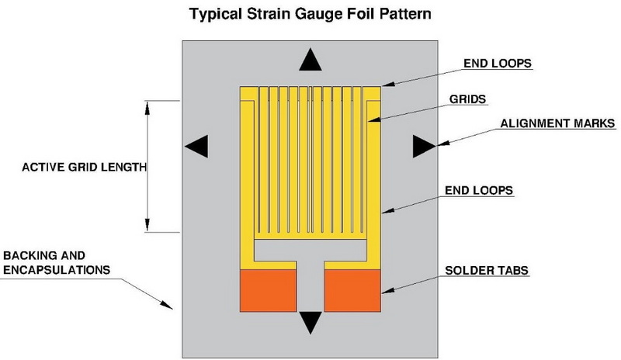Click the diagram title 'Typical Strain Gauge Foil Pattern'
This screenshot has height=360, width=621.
coord(310,14)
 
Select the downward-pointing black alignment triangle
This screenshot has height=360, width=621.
coord(310,321)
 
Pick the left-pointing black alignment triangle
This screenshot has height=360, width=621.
coord(197,145)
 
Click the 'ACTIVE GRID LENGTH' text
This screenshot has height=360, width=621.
coord(74,167)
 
